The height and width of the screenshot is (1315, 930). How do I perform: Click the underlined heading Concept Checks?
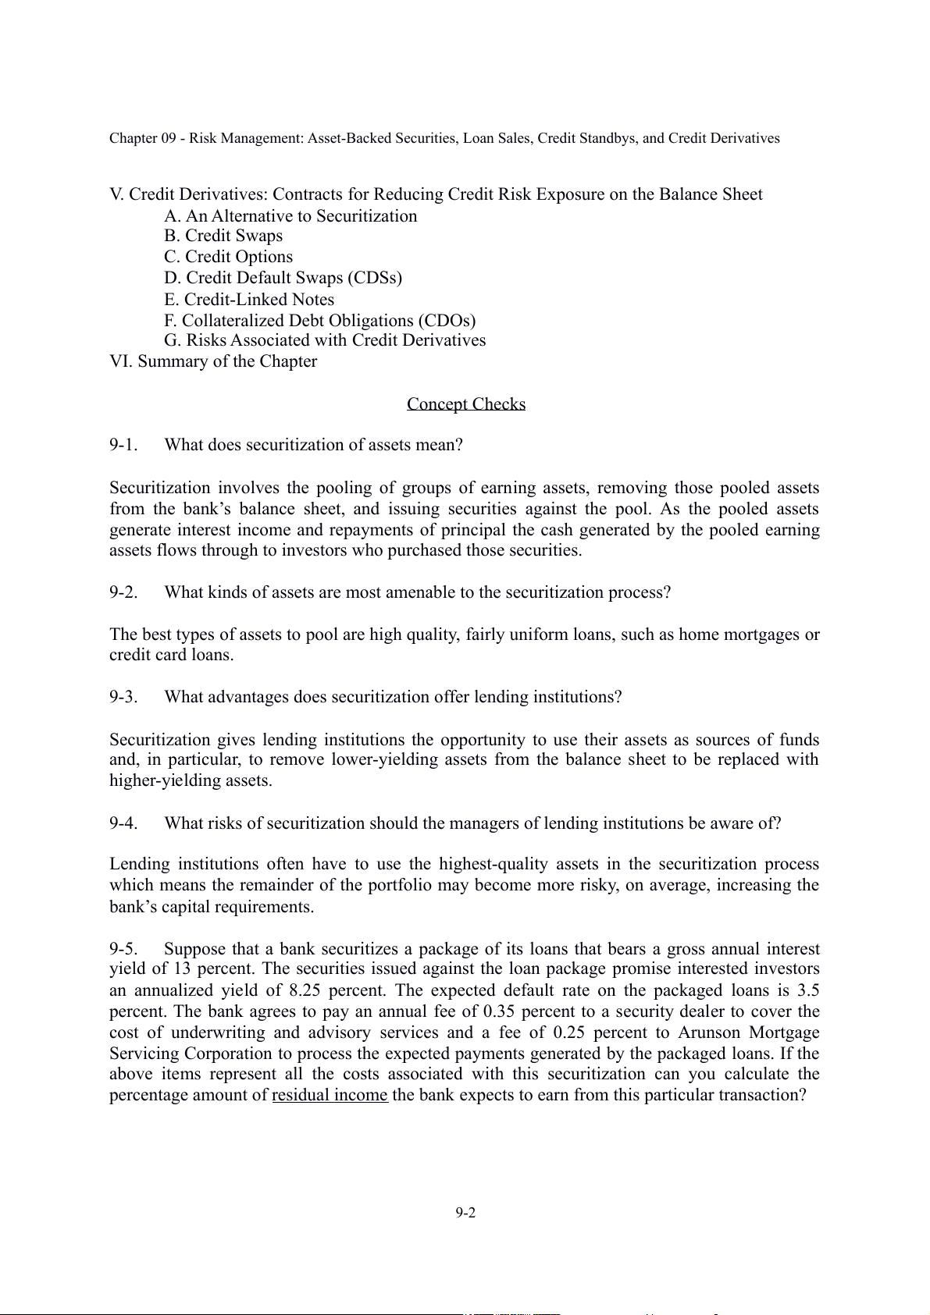(x=466, y=403)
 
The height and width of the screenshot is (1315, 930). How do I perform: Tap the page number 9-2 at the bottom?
(x=466, y=1212)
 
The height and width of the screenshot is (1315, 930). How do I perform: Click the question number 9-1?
(x=123, y=445)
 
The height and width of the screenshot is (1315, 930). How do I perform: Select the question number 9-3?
(x=123, y=697)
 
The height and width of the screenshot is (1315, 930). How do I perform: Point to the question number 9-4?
(x=123, y=823)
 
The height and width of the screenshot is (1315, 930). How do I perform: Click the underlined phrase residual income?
(x=330, y=1095)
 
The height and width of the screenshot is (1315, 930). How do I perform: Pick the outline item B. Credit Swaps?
(x=223, y=236)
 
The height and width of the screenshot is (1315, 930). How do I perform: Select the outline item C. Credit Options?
(x=229, y=257)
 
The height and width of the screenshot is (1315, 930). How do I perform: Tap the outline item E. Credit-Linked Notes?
(x=249, y=300)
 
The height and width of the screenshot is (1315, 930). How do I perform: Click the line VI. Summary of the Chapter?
(x=213, y=361)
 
